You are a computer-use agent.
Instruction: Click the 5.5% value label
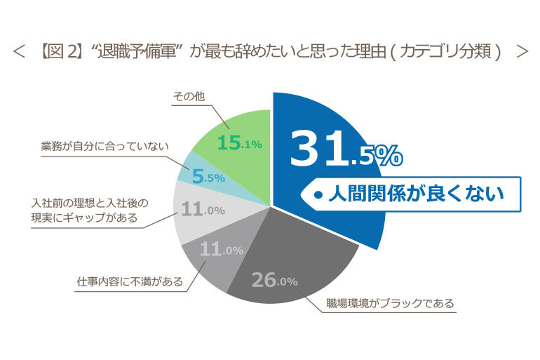(208, 178)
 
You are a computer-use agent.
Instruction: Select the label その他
(188, 95)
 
